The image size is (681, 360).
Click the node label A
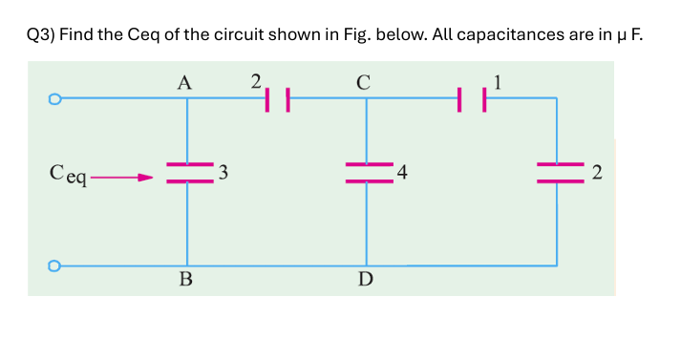point(185,82)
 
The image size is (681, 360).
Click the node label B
point(185,280)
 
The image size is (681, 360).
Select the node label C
point(363,82)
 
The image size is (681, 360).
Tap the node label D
point(365,280)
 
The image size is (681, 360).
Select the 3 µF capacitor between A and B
point(188,173)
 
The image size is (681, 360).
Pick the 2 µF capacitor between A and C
point(277,97)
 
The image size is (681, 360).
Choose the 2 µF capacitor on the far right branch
point(557,173)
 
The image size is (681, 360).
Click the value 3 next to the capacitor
point(223,173)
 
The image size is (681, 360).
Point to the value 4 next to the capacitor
point(403,173)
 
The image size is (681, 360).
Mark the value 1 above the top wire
point(496,80)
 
